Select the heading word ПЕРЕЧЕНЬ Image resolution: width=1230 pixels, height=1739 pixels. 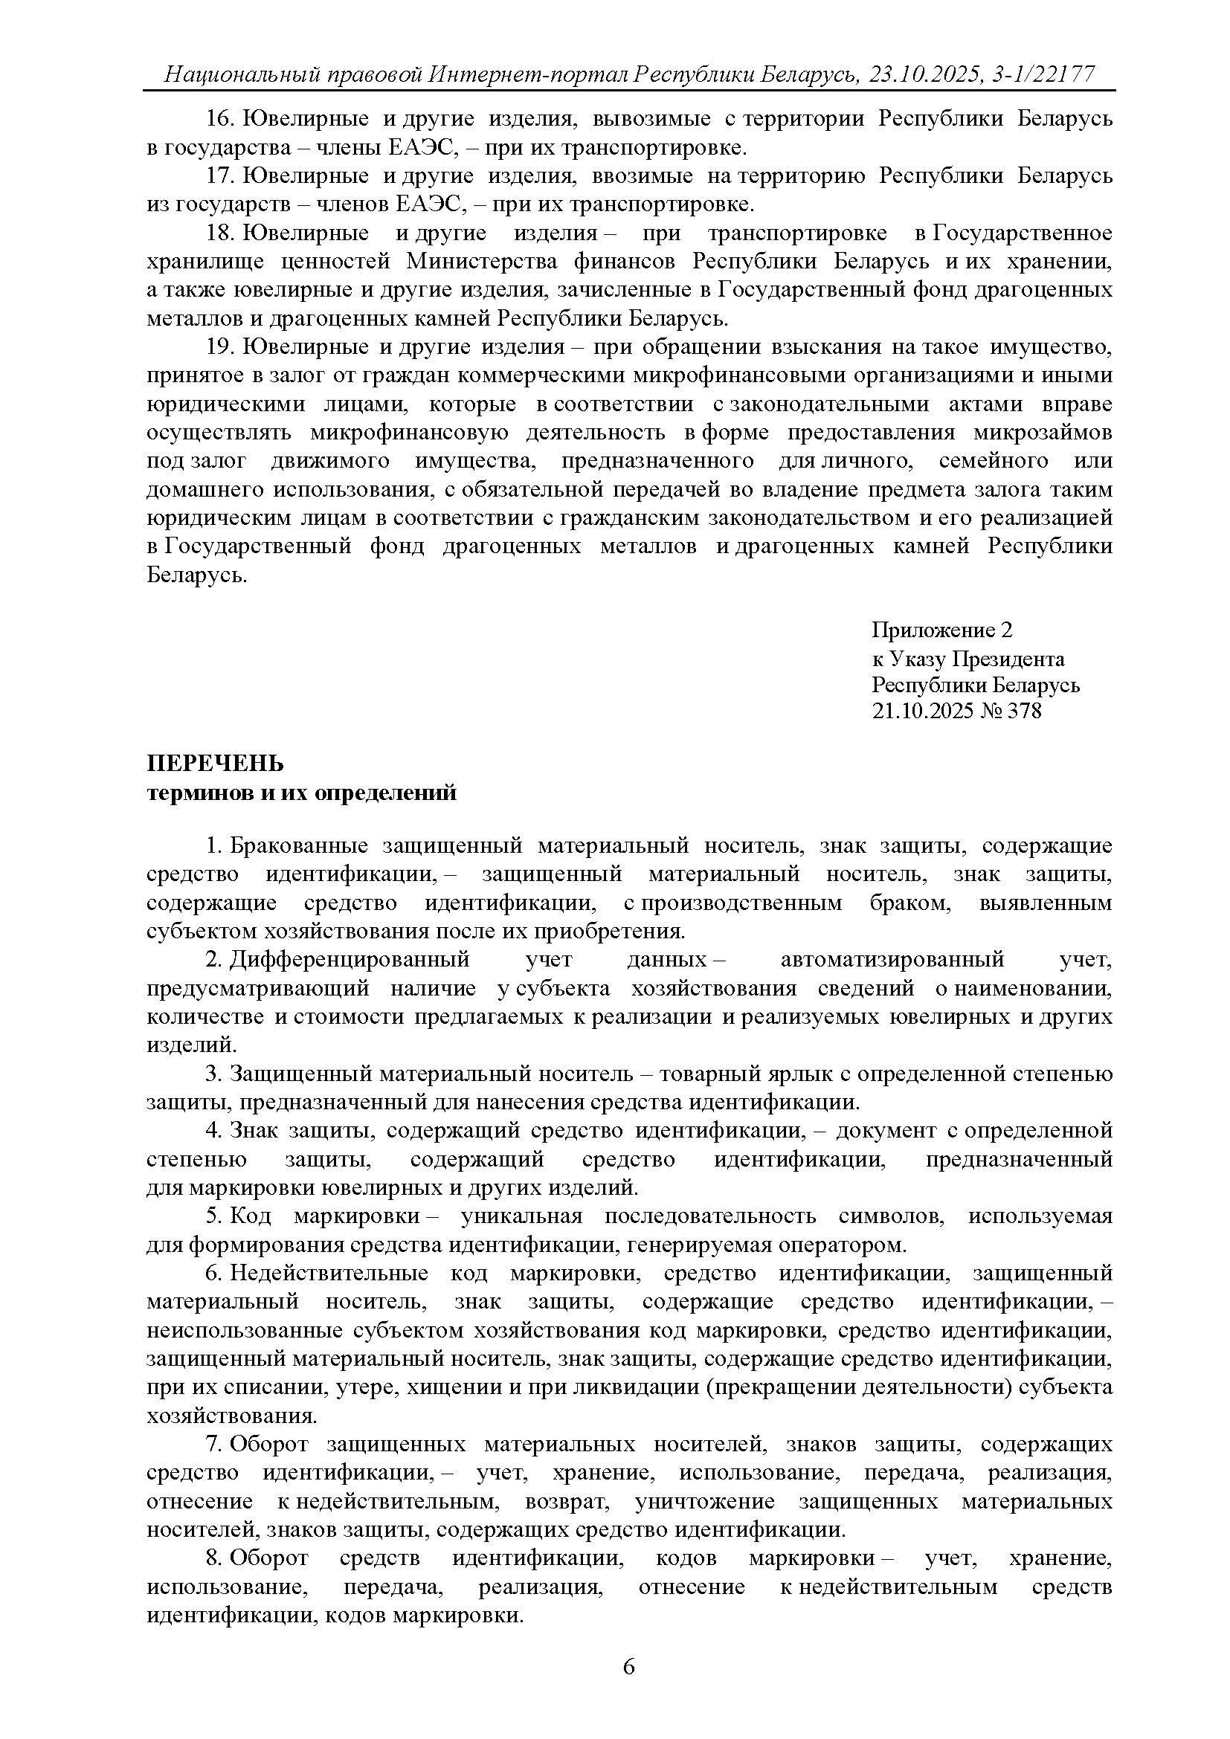click(214, 764)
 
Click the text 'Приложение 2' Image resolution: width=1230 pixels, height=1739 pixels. click(941, 630)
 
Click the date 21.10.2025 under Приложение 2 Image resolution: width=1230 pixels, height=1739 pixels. click(921, 711)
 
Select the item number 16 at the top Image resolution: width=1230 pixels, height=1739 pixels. click(217, 119)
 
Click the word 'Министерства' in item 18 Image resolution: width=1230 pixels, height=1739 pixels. click(482, 261)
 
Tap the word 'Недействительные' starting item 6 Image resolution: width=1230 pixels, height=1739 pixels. click(329, 1273)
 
